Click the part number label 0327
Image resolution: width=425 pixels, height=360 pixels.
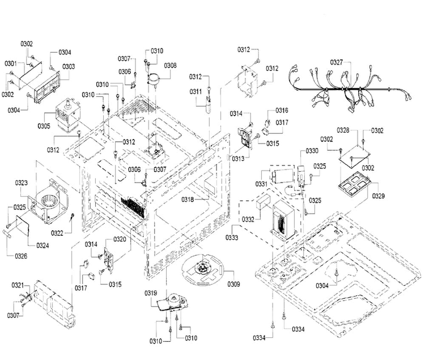click(337, 62)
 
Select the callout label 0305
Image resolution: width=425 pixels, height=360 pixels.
click(44, 126)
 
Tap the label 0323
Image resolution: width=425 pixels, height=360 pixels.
click(21, 183)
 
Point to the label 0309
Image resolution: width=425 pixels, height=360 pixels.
click(233, 284)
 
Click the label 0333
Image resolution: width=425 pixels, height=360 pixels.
click(232, 238)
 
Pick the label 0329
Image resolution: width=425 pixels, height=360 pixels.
click(378, 196)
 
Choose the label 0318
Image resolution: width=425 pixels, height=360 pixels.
click(188, 200)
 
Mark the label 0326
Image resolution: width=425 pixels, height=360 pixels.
click(21, 256)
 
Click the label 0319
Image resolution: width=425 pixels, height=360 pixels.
click(151, 293)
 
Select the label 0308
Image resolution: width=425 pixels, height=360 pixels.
click(170, 65)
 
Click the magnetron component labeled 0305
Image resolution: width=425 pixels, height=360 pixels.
click(67, 115)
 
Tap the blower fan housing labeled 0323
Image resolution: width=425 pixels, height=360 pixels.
click(49, 201)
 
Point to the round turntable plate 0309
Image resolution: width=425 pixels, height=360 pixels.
click(202, 269)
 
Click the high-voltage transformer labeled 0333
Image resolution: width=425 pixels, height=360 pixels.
click(283, 220)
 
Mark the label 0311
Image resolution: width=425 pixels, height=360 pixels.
click(195, 92)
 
